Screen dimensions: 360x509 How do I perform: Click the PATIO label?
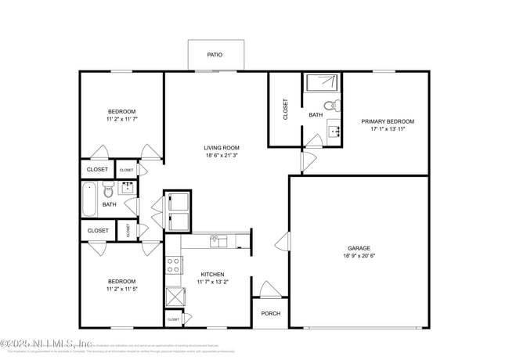[215, 56]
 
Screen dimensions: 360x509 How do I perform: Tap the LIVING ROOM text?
[222, 148]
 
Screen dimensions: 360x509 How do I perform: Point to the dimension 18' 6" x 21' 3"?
[222, 156]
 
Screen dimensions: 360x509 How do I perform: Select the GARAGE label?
[359, 248]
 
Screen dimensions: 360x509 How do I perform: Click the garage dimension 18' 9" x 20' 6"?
[359, 256]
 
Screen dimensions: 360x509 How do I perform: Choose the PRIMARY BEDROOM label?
[387, 121]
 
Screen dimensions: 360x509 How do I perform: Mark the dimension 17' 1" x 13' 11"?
[387, 129]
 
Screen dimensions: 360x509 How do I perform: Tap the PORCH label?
[271, 313]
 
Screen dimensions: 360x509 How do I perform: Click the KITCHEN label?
[213, 274]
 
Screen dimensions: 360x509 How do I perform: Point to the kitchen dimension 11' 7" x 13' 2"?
[213, 282]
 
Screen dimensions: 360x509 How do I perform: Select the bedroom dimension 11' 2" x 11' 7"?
[121, 119]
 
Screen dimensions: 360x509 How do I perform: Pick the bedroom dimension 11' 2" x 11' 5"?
[121, 290]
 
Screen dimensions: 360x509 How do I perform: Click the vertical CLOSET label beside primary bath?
[286, 110]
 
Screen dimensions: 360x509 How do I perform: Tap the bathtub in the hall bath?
[88, 199]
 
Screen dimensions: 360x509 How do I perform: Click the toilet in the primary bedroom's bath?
[330, 103]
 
